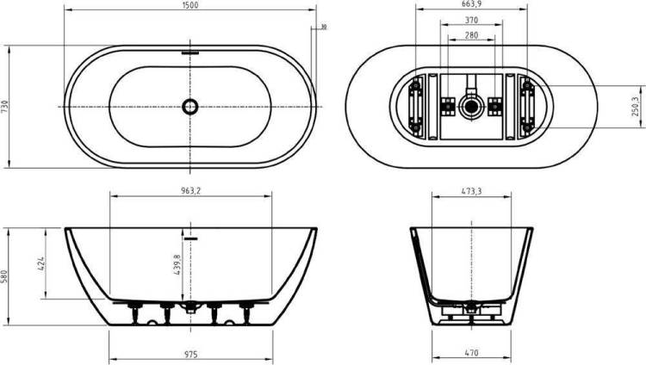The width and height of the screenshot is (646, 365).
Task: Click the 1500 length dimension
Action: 190,5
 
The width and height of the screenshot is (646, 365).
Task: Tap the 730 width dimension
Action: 4,107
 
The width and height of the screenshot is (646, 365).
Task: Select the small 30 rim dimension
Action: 324,28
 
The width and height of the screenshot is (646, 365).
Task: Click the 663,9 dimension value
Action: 471,4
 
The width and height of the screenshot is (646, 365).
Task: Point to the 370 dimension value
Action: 471,20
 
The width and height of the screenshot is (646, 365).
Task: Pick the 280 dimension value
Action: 471,35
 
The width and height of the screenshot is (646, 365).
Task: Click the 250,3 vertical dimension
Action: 636,107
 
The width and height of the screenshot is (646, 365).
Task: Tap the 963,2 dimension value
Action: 190,191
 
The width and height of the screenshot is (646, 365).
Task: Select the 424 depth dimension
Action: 41,263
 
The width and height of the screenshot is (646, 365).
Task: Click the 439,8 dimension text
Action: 177,264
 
